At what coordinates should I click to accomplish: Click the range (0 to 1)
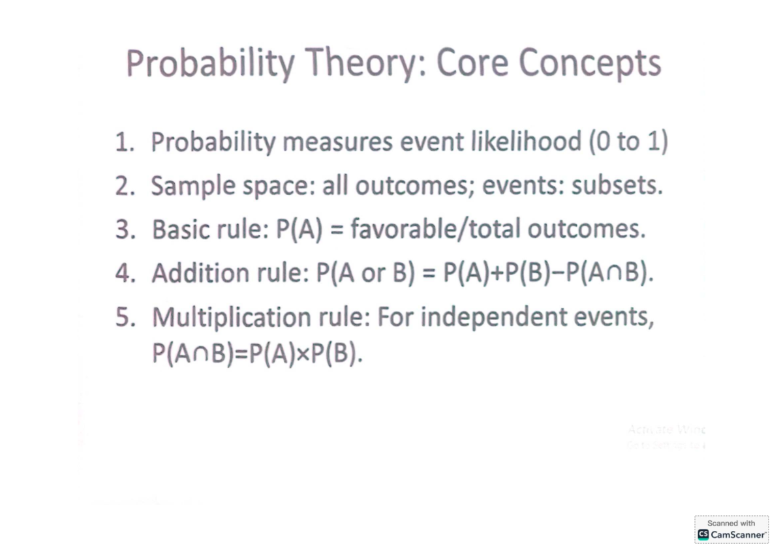(628, 142)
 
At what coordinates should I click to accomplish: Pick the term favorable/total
(436, 230)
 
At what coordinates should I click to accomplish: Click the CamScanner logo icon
(703, 534)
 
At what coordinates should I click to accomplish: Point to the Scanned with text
(731, 523)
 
